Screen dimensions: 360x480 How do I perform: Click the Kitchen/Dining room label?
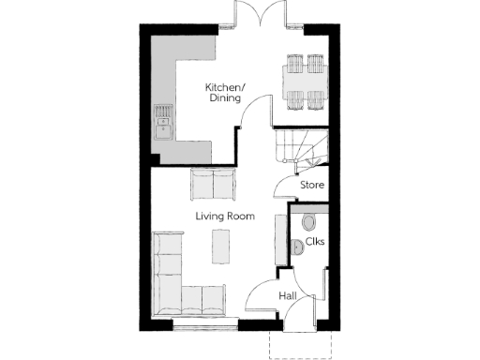click(225, 93)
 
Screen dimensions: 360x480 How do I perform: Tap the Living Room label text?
click(225, 217)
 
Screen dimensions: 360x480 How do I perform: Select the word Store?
click(312, 186)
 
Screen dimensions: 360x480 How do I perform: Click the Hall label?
click(289, 296)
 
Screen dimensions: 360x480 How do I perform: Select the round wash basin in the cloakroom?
click(296, 247)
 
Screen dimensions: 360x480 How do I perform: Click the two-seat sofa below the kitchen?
click(214, 184)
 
